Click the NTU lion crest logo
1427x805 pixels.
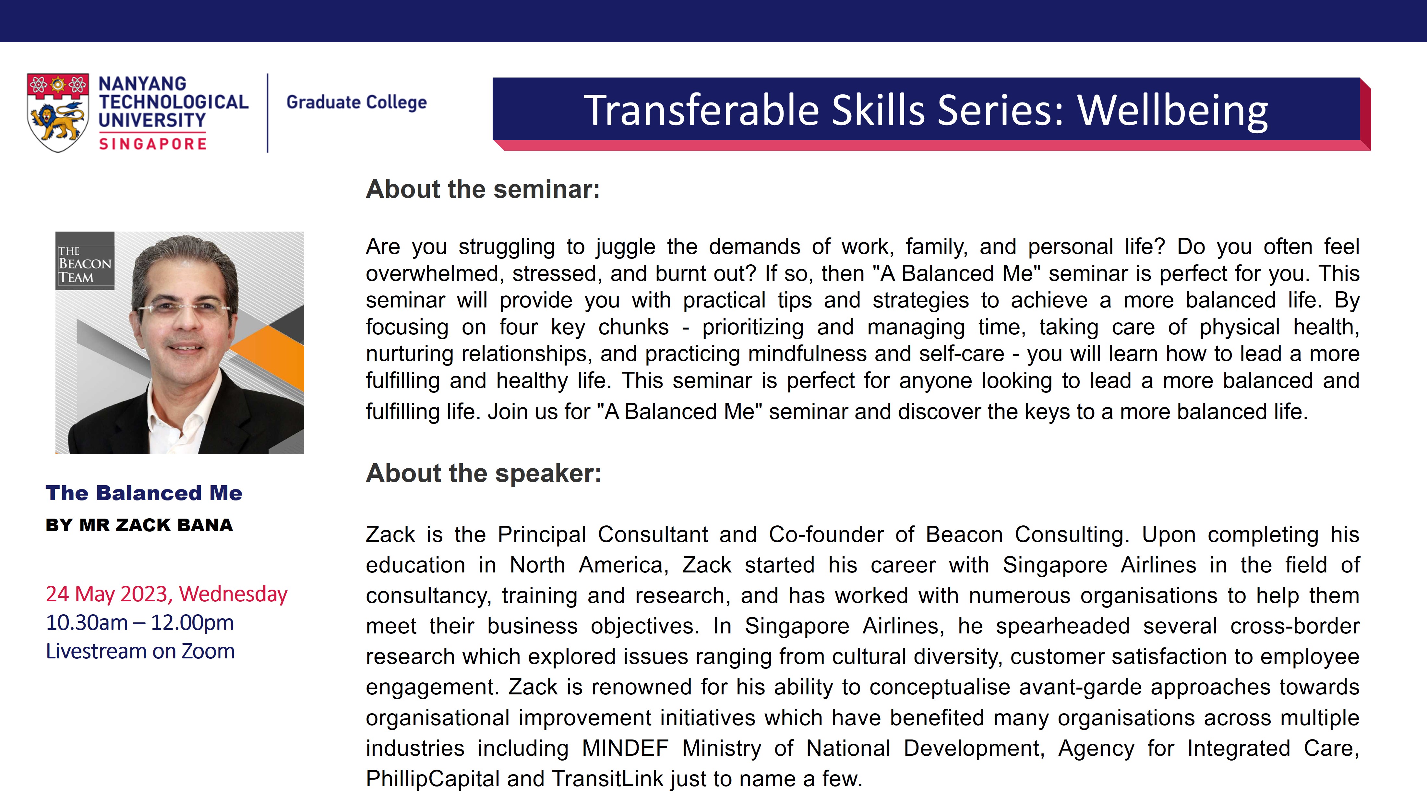[x=58, y=113]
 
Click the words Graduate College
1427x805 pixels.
[x=356, y=102]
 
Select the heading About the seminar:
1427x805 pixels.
[x=483, y=189]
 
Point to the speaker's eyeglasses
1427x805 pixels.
[x=183, y=307]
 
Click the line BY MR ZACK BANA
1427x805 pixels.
[x=139, y=525]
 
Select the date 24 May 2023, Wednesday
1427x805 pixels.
[x=166, y=594]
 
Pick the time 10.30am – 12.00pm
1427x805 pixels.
[x=139, y=623]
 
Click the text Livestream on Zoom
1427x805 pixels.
[x=140, y=652]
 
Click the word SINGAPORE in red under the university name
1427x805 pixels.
[x=153, y=144]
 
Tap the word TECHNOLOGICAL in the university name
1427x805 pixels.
[x=174, y=102]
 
